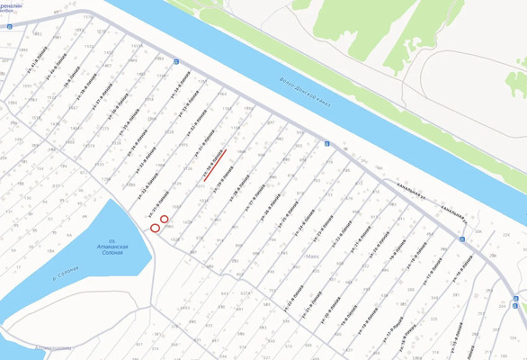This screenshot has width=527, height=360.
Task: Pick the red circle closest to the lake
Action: coord(155,228)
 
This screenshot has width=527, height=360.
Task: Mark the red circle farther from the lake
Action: coord(165,220)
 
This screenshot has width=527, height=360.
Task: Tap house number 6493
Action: coord(185,309)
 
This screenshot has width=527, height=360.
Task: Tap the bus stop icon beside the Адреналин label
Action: coord(9,27)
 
